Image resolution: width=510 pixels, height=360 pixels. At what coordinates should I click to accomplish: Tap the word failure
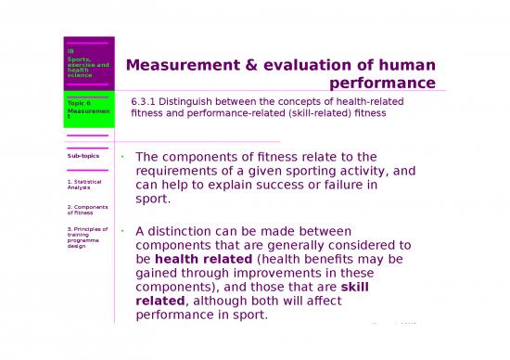point(350,185)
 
